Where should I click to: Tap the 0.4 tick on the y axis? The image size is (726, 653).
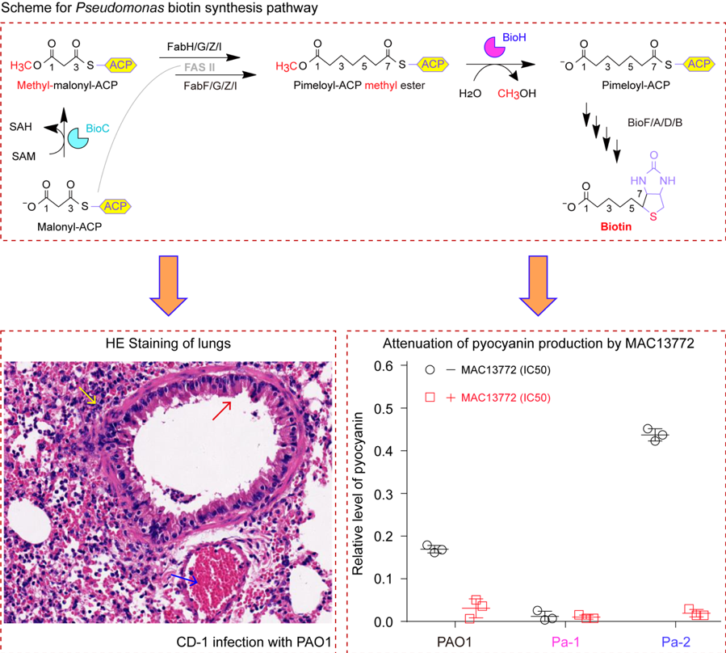click(x=371, y=451)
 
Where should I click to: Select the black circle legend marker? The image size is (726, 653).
click(x=430, y=369)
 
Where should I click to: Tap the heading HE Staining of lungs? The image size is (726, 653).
click(x=170, y=343)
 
